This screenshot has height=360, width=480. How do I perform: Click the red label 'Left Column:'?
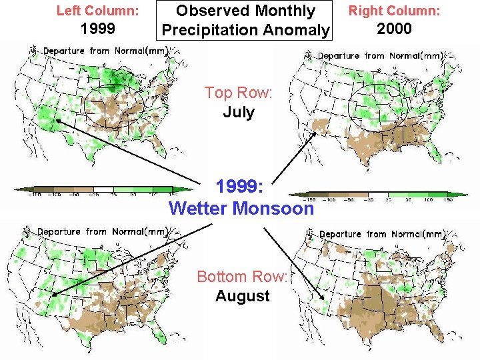pyautogui.click(x=97, y=11)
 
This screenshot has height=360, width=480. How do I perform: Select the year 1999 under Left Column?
pyautogui.click(x=97, y=29)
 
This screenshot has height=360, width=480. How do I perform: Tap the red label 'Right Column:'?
pyautogui.click(x=394, y=11)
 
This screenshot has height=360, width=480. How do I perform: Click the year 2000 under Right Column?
pyautogui.click(x=394, y=29)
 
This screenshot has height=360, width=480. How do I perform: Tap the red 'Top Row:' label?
pyautogui.click(x=238, y=93)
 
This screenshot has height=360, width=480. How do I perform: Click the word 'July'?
pyautogui.click(x=238, y=111)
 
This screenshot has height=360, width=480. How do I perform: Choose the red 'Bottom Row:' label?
pyautogui.click(x=241, y=277)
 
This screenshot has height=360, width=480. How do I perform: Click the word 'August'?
pyautogui.click(x=241, y=296)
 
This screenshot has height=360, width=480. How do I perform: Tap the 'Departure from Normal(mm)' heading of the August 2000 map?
pyautogui.click(x=381, y=234)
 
